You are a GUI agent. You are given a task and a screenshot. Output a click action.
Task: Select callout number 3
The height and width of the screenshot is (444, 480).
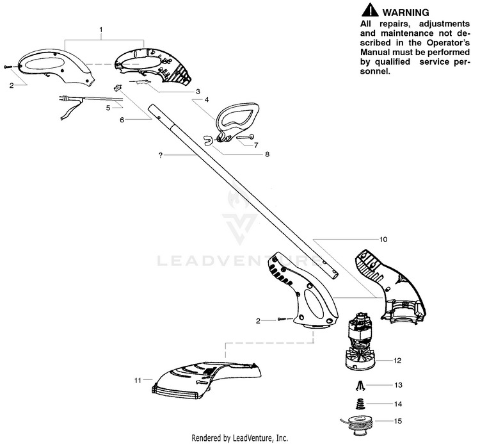tap(198, 92)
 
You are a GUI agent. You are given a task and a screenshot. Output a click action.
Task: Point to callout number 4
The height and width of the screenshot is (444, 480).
tap(207, 100)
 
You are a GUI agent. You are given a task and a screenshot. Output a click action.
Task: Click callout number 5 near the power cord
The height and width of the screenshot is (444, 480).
tap(108, 108)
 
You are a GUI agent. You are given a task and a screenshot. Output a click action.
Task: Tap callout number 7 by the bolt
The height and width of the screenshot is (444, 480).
tap(256, 145)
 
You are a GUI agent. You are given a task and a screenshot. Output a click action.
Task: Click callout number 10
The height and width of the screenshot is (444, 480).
tap(383, 240)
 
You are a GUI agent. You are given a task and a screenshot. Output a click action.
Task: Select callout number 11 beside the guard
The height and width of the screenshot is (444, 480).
tap(137, 381)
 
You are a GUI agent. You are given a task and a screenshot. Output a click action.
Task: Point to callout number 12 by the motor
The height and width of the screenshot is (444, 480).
tap(397, 361)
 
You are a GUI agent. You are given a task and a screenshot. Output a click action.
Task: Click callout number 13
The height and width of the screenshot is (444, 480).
tap(397, 385)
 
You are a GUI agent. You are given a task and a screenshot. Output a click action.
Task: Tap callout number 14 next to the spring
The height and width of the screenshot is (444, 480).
tap(397, 404)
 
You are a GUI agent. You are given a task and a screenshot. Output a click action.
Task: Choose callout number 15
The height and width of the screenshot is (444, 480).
tap(397, 422)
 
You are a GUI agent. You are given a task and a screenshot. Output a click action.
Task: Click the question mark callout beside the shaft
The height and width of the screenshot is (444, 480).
tap(160, 155)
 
